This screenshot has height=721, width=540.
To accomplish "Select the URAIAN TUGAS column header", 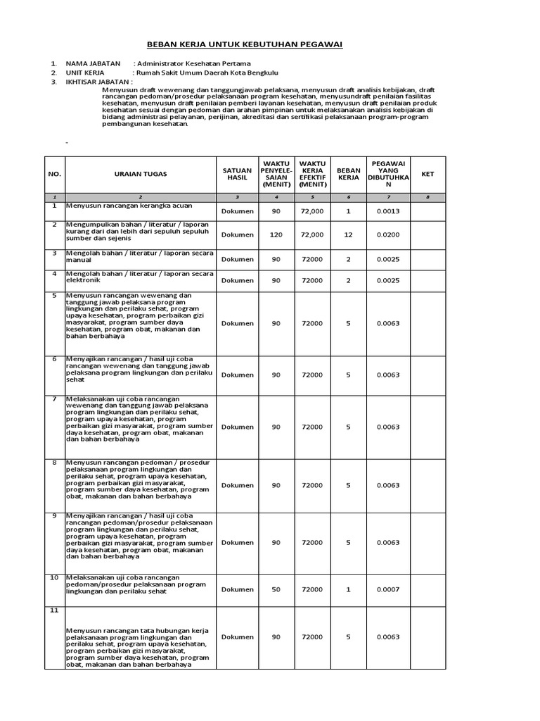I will tap(141, 173).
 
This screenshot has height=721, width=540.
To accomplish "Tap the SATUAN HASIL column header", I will tap(237, 173).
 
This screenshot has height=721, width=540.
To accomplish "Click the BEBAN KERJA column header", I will tap(348, 173).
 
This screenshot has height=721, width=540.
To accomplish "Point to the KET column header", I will tap(427, 173).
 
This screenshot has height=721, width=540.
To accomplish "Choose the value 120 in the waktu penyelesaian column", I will tap(276, 234).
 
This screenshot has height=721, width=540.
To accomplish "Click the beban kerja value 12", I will tap(348, 234).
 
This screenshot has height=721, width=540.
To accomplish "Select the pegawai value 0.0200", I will tap(387, 234).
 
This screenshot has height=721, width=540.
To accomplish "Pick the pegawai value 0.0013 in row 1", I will tap(387, 211).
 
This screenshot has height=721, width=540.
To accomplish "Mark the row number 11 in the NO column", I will tap(54, 610).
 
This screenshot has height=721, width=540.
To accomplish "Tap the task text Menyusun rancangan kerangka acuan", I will tap(129, 206).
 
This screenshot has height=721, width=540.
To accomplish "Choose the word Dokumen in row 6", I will tap(237, 375).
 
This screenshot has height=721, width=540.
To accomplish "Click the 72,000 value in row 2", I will tap(312, 234).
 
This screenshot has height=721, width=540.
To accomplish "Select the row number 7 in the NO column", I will tap(54, 399).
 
